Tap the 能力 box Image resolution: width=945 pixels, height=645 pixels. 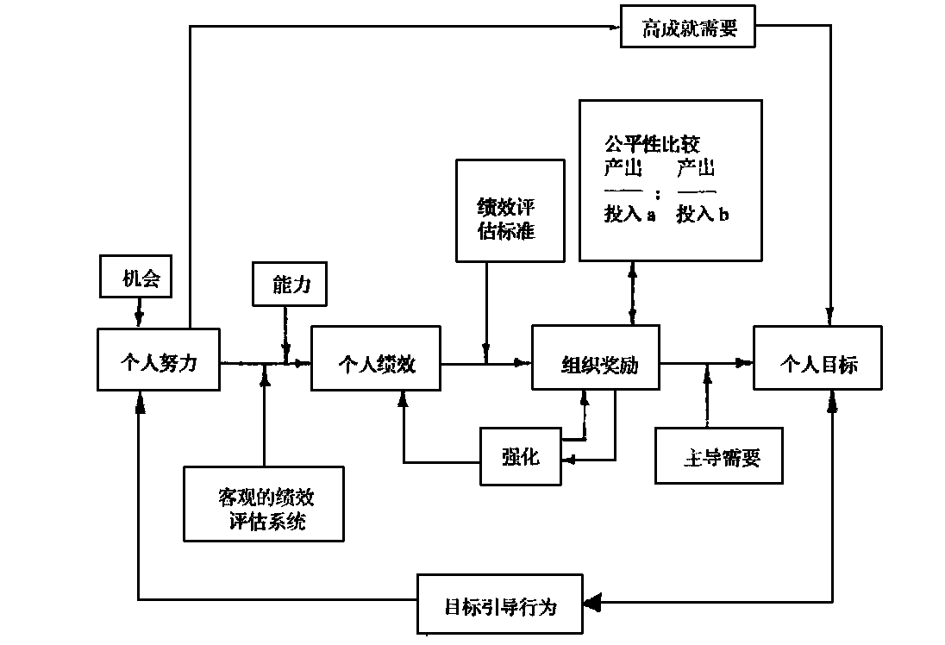[290, 284]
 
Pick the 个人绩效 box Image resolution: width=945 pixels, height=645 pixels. [375, 364]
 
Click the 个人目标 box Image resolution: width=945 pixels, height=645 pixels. [817, 363]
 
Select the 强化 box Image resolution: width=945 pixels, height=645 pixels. [520, 456]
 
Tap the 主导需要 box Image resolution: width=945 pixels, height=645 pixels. [720, 456]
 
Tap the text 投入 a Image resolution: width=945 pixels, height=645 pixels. [629, 215]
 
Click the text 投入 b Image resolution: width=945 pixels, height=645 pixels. [702, 215]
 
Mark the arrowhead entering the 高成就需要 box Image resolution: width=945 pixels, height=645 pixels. [614, 26]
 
